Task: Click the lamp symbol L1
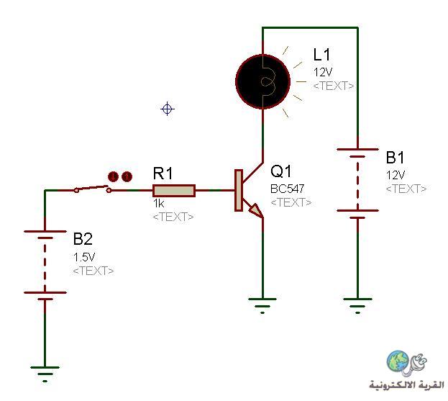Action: click(263, 81)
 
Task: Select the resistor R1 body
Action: click(174, 191)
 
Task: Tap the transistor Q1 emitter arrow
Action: click(256, 209)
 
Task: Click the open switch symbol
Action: click(93, 189)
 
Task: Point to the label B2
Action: click(83, 239)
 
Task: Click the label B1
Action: click(395, 158)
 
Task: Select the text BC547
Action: click(287, 189)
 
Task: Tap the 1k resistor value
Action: click(159, 204)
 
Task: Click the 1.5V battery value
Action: click(84, 257)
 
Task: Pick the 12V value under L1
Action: click(323, 73)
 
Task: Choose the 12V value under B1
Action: click(396, 175)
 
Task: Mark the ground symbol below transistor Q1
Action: click(262, 306)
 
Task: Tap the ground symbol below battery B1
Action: click(357, 306)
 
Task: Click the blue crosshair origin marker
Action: click(168, 109)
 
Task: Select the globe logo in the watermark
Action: click(398, 361)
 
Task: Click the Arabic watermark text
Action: click(407, 384)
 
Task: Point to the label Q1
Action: click(281, 171)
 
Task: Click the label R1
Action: click(163, 174)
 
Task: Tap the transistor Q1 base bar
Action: click(239, 191)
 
